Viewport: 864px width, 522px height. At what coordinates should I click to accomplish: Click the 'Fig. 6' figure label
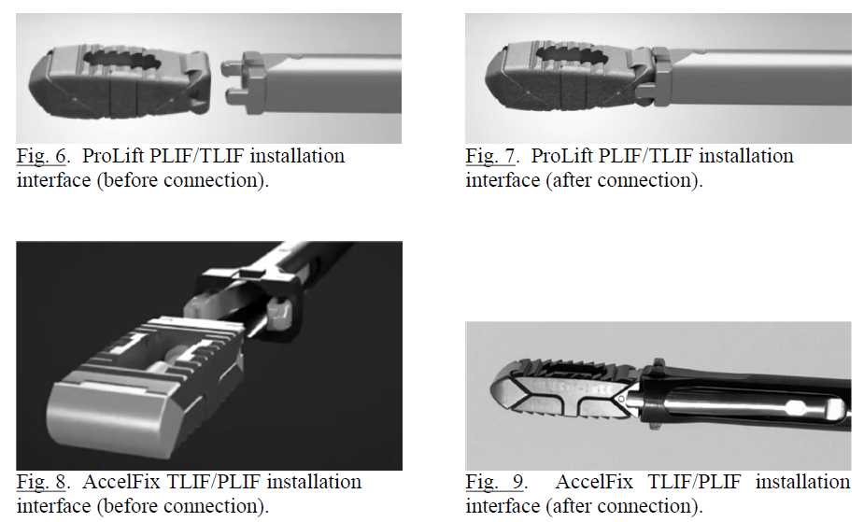click(41, 156)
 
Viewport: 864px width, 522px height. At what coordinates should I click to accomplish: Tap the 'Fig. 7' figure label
click(490, 156)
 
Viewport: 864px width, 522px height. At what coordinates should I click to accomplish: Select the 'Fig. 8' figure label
click(41, 483)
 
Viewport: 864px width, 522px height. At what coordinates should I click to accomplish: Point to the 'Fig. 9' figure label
click(495, 483)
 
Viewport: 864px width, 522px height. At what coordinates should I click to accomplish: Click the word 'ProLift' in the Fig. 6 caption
click(113, 156)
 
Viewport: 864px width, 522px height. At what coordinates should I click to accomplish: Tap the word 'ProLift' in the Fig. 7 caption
click(562, 156)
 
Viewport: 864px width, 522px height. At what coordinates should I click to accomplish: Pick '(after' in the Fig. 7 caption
click(569, 180)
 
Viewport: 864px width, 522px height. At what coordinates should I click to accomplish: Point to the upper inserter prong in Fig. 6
click(232, 69)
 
